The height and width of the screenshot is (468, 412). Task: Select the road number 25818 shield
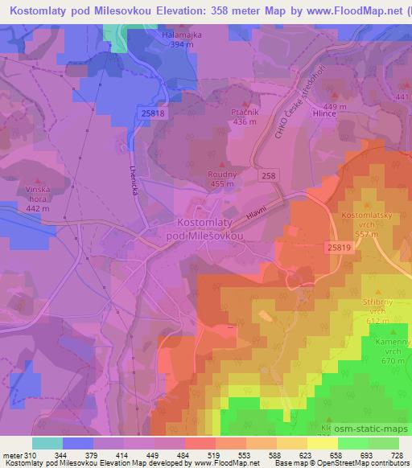coord(152,115)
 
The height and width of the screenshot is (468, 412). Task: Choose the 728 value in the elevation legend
coord(395,454)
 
